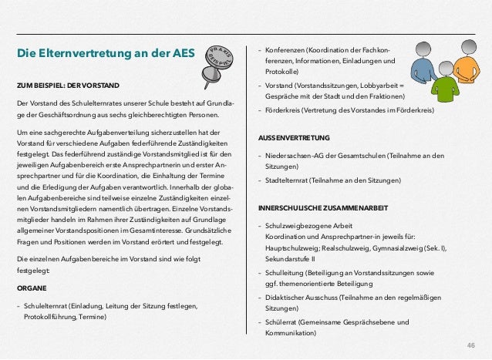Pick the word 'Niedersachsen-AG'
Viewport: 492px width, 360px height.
[295, 155]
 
